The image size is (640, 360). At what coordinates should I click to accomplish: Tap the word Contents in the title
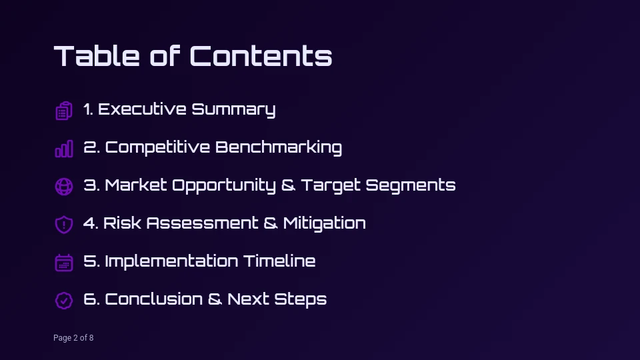pyautogui.click(x=261, y=56)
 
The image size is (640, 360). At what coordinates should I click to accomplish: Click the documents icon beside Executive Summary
pyautogui.click(x=64, y=110)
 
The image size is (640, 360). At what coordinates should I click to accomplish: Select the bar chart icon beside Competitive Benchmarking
pyautogui.click(x=64, y=148)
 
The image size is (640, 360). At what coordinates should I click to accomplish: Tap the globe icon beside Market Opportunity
pyautogui.click(x=64, y=186)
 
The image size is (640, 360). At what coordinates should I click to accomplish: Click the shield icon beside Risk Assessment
pyautogui.click(x=64, y=224)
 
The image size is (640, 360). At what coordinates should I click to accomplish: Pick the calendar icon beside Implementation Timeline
pyautogui.click(x=64, y=262)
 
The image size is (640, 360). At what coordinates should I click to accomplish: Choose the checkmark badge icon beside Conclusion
pyautogui.click(x=64, y=300)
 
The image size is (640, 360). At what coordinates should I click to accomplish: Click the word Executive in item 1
pyautogui.click(x=142, y=109)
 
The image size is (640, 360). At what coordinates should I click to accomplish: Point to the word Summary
pyautogui.click(x=233, y=109)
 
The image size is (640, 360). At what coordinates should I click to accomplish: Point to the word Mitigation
pyautogui.click(x=324, y=223)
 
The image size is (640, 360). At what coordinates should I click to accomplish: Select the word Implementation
pyautogui.click(x=171, y=261)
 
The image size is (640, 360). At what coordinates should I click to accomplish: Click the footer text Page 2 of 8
pyautogui.click(x=73, y=338)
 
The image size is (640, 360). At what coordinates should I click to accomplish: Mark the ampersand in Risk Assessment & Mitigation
pyautogui.click(x=271, y=223)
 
